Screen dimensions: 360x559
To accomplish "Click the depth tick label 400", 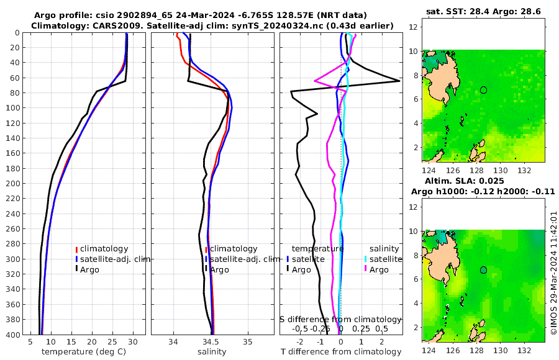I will (12, 334).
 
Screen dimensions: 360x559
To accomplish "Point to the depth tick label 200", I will (12, 183).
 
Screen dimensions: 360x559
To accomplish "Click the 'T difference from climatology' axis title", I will (341, 352).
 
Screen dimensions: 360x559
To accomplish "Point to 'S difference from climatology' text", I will (341, 318).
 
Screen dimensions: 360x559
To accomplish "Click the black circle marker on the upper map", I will (484, 90).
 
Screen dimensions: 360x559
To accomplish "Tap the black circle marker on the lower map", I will (484, 270).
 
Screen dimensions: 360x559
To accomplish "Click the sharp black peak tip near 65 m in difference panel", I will (399, 81).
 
